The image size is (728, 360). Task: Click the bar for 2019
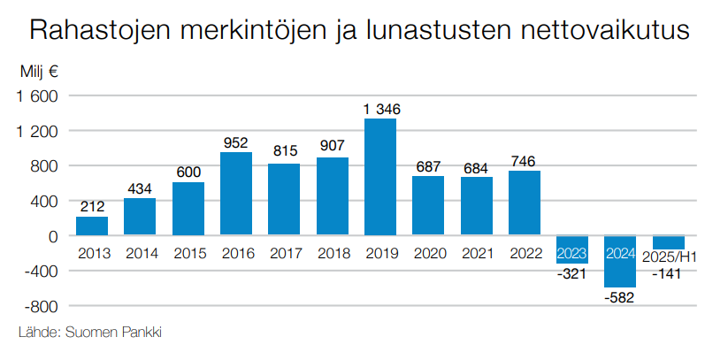point(380,177)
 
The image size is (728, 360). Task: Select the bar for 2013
point(92,226)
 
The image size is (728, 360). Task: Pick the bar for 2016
point(236,194)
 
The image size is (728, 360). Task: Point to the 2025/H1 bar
point(669,242)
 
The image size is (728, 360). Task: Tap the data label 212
point(92,207)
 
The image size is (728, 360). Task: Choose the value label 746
point(525,161)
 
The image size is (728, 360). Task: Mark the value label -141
point(670,274)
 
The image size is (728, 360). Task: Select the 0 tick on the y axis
point(53,236)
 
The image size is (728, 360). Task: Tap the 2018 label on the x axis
point(333,255)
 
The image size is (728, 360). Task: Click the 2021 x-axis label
point(477,255)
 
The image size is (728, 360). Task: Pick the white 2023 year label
point(572,254)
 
